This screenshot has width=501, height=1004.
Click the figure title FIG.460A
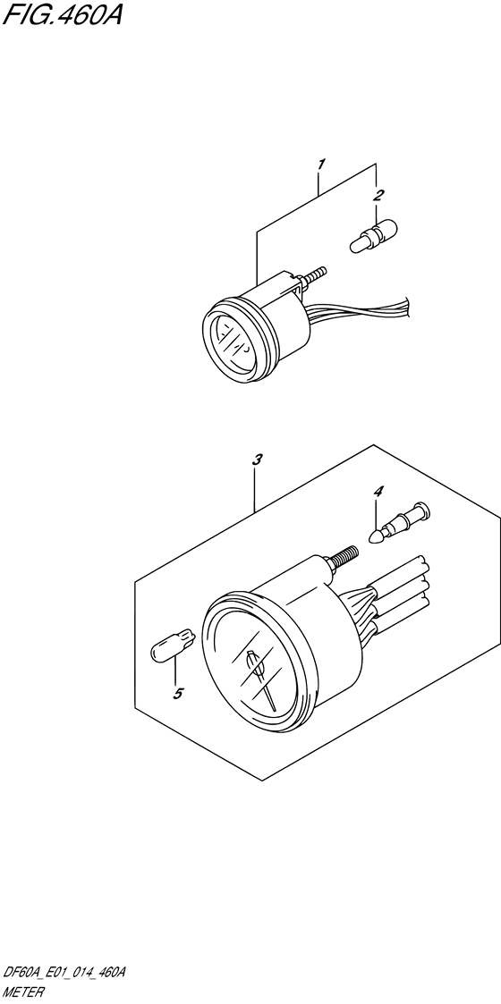[62, 14]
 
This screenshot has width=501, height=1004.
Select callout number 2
[378, 195]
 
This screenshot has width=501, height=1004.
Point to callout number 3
[257, 460]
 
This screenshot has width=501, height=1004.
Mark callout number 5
[179, 693]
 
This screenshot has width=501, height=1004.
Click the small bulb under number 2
[373, 236]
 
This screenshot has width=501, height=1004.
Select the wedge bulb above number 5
[173, 643]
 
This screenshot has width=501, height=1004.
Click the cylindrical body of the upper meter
[285, 320]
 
